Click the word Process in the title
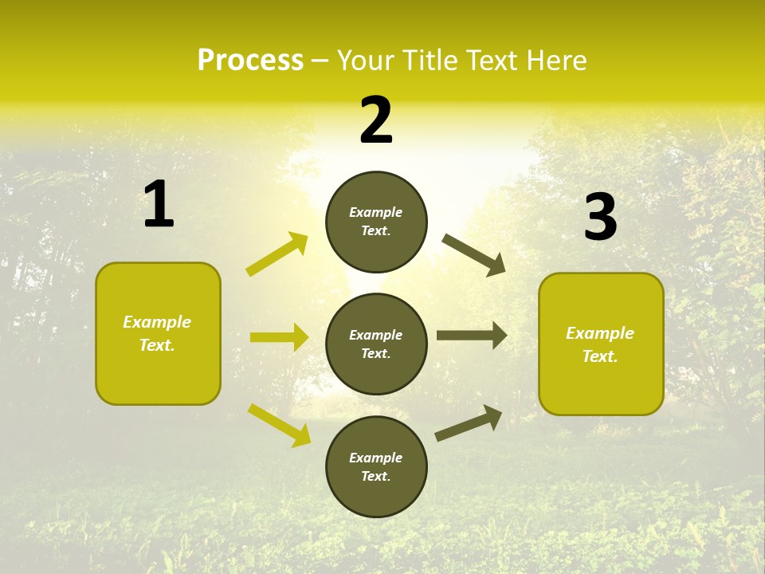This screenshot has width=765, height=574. (x=250, y=61)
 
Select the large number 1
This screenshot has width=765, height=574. (x=159, y=205)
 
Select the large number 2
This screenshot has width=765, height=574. (x=376, y=121)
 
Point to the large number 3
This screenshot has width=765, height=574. (x=600, y=218)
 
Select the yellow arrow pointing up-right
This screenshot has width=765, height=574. (x=277, y=254)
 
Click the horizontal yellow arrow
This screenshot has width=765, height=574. (x=279, y=337)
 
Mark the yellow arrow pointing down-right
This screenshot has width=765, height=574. (x=279, y=425)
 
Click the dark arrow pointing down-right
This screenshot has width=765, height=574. (x=474, y=254)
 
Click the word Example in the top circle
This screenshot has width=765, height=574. (x=376, y=212)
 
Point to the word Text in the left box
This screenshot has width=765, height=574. (x=156, y=345)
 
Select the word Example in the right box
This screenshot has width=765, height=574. (x=600, y=333)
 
